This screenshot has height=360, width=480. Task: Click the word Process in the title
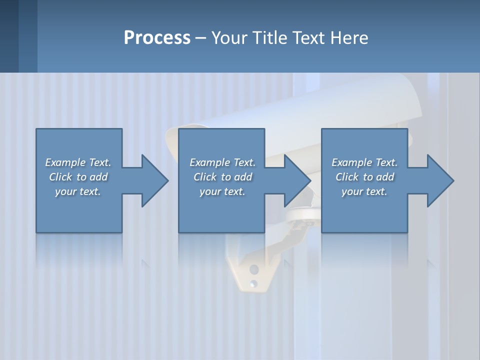[x=157, y=38]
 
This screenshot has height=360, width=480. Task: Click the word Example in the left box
[x=65, y=162]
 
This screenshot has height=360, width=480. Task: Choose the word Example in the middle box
[x=209, y=162]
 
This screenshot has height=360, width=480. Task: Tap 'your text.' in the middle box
[x=222, y=191]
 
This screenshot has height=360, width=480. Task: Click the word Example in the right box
[x=351, y=162]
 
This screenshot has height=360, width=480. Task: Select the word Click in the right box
[x=347, y=177]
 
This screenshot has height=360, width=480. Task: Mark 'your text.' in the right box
[x=364, y=191]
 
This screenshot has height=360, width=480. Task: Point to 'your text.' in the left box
[x=78, y=191]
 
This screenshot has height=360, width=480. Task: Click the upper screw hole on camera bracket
[x=254, y=269]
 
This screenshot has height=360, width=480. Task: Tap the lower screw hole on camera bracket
[x=254, y=283]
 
